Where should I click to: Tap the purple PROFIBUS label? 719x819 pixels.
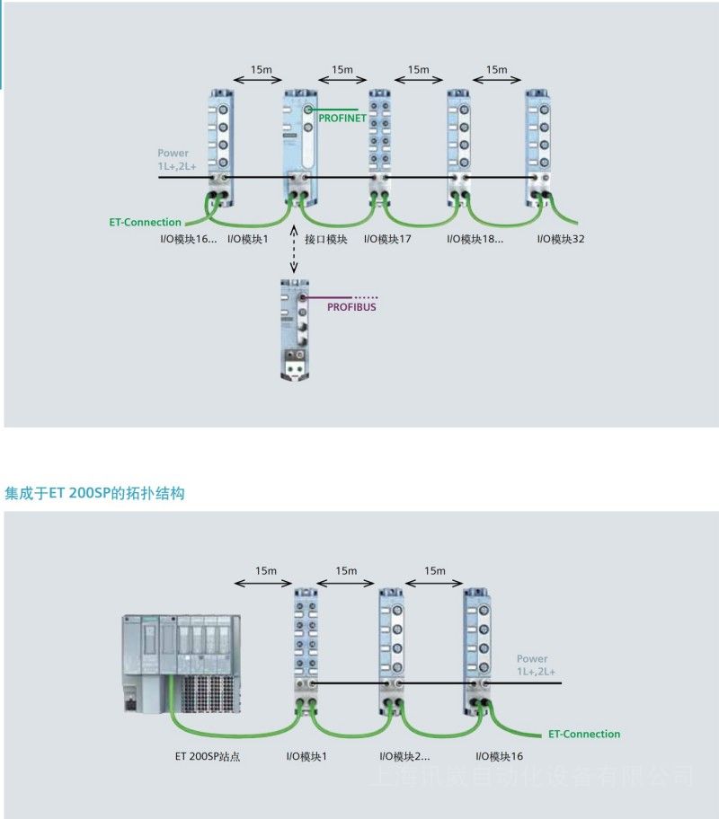(x=351, y=307)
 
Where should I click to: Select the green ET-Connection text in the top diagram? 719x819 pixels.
(x=146, y=222)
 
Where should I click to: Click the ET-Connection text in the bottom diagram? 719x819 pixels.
(x=584, y=734)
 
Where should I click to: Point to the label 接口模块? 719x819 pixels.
(x=325, y=239)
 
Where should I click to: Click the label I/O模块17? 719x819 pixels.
(x=387, y=239)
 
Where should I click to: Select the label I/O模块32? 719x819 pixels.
(x=561, y=239)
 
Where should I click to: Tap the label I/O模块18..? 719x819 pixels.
(x=475, y=239)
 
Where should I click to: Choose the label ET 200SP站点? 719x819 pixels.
(x=208, y=757)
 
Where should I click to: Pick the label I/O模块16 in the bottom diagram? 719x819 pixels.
(x=500, y=757)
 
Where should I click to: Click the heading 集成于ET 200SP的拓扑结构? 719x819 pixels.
(x=94, y=493)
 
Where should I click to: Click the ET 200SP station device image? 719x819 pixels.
(x=183, y=663)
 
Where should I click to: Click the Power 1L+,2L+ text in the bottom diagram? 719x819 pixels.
(x=536, y=665)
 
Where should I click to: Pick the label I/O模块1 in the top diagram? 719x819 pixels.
(x=248, y=239)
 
